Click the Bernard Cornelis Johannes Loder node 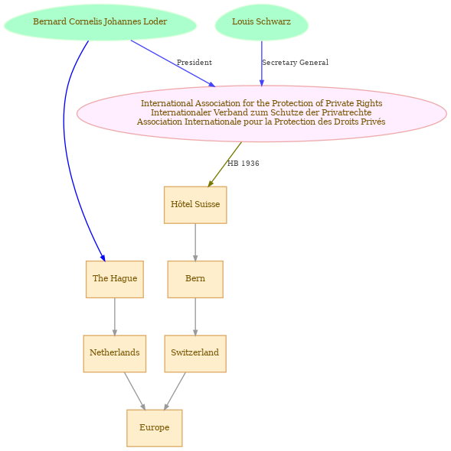[x=100, y=22]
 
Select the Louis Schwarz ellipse [x=262, y=22]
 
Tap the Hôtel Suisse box [x=195, y=205]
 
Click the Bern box [x=195, y=279]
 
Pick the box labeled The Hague [x=115, y=279]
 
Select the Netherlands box [x=115, y=353]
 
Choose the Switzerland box [x=195, y=353]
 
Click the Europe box [x=155, y=428]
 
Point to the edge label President [x=194, y=63]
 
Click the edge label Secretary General [x=295, y=63]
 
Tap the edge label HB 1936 [x=243, y=164]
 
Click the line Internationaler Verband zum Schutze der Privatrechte [x=261, y=112]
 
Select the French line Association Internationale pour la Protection [x=261, y=122]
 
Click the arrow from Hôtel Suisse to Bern [x=195, y=242]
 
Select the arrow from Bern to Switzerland [x=195, y=316]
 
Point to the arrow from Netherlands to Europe [x=135, y=391]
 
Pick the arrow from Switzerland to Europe [x=175, y=391]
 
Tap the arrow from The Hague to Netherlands [x=115, y=316]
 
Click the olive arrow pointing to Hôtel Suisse [x=225, y=164]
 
